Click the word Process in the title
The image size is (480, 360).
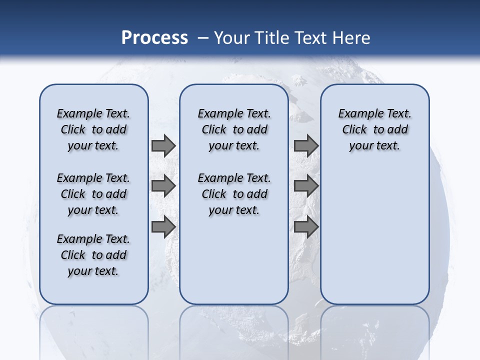pyautogui.click(x=154, y=38)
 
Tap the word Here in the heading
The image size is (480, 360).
pyautogui.click(x=352, y=38)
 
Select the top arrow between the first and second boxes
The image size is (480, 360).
pyautogui.click(x=163, y=145)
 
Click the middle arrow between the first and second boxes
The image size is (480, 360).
pyautogui.click(x=163, y=186)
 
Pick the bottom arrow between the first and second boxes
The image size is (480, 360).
pyautogui.click(x=163, y=226)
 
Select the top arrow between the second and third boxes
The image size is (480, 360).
pyautogui.click(x=306, y=145)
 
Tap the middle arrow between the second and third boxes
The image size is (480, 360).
pyautogui.click(x=306, y=186)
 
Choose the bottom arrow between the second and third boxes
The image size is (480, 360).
pyautogui.click(x=306, y=226)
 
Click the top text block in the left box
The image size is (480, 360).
pyautogui.click(x=93, y=129)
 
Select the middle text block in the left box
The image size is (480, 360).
pyautogui.click(x=93, y=194)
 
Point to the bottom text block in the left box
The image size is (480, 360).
pyautogui.click(x=93, y=255)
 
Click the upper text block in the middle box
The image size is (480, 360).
pyautogui.click(x=234, y=129)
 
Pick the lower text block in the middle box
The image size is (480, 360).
pyautogui.click(x=234, y=194)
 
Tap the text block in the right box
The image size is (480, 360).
pyautogui.click(x=374, y=129)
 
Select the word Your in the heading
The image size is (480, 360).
pyautogui.click(x=232, y=38)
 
